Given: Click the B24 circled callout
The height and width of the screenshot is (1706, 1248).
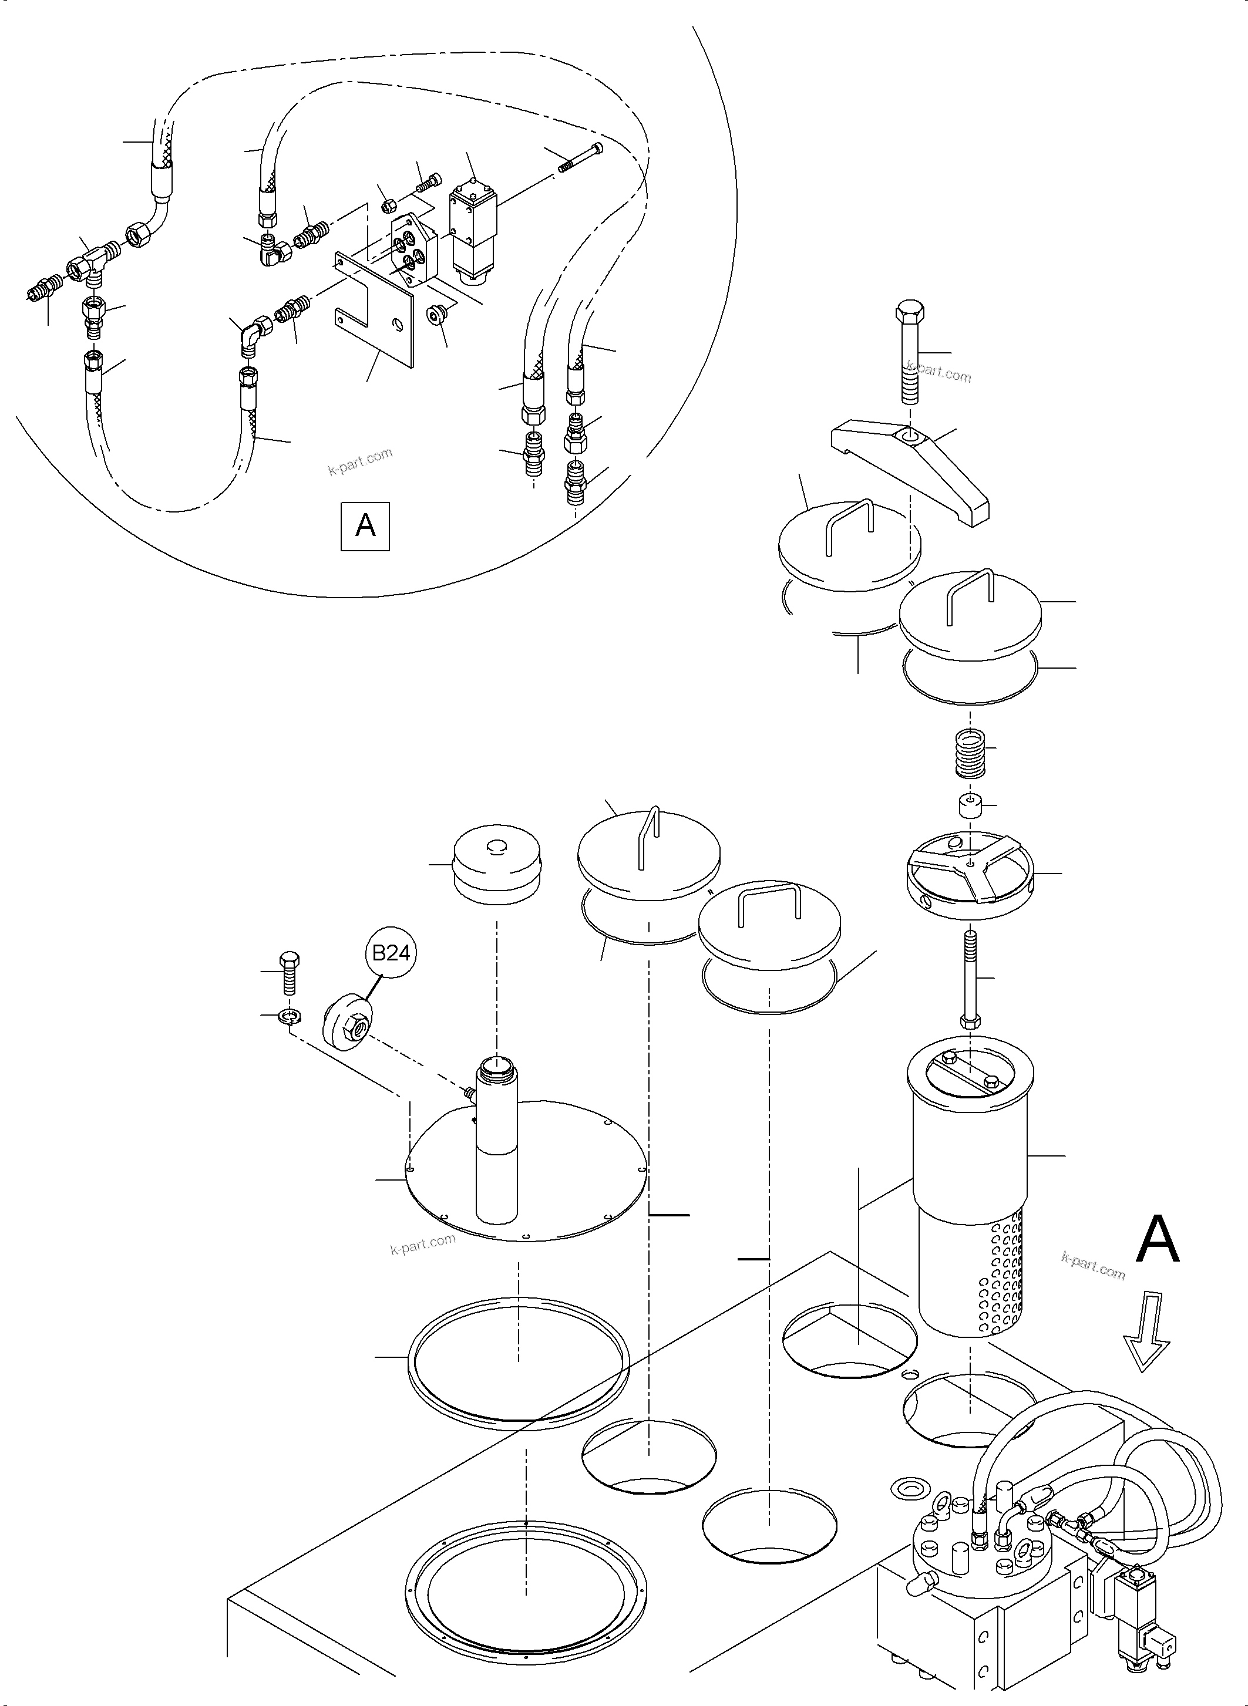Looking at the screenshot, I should [391, 953].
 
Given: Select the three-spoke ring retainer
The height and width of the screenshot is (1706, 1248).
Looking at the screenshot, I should [968, 876].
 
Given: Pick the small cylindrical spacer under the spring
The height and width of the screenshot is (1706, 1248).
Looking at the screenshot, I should [969, 806].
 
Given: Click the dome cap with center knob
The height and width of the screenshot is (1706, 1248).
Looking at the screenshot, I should [496, 863].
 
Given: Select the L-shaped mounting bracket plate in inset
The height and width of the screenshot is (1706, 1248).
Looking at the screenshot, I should [375, 309].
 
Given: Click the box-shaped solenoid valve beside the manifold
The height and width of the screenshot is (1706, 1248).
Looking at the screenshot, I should [470, 230].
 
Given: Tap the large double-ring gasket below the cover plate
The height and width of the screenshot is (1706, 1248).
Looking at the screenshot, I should [518, 1363].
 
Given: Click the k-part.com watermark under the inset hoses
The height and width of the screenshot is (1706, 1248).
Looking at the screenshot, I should [361, 461].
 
